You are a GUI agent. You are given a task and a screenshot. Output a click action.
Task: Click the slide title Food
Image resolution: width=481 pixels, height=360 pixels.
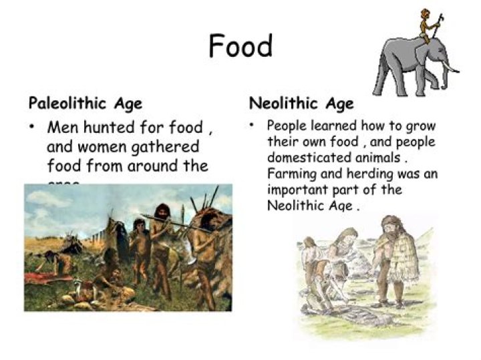point(240,47)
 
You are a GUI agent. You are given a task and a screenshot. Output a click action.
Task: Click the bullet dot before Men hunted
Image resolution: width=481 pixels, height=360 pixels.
point(32,127)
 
